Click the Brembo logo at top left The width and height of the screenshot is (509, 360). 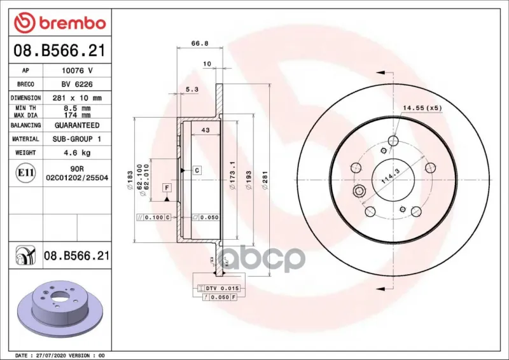(60, 23)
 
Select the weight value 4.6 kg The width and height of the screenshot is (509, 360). (77, 153)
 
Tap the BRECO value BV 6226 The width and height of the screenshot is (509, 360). (77, 85)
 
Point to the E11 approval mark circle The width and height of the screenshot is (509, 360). (25, 173)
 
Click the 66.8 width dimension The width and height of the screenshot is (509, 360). (200, 43)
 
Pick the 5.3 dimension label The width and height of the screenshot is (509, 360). (192, 89)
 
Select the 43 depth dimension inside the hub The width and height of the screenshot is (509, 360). (206, 130)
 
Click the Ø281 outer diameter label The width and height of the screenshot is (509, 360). (265, 180)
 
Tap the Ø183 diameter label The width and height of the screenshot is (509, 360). (130, 180)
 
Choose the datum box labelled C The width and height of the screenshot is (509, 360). (197, 170)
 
